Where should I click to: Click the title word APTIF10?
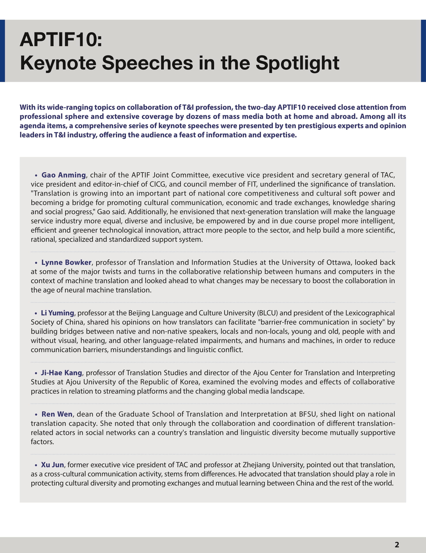coord(61,40)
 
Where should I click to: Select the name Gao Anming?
coord(63,175)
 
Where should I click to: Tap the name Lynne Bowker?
coord(66,262)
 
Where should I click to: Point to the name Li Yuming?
coord(57,313)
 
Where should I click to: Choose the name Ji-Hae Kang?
coord(61,373)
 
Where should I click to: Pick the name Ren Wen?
coord(57,414)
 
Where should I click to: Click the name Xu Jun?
coord(52,465)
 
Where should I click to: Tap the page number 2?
coord(397,545)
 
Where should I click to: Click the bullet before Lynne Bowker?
coord(36,263)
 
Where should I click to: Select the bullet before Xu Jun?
coord(36,465)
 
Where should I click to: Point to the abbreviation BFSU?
coord(308,414)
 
